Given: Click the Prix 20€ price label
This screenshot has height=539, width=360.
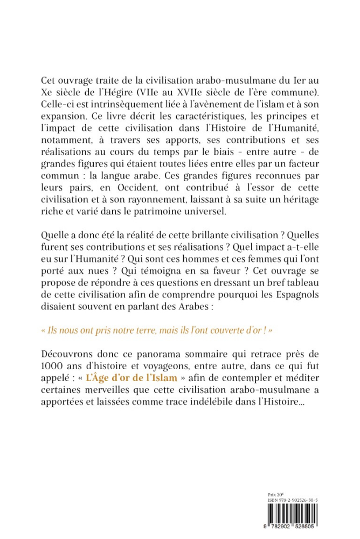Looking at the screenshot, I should (x=275, y=494).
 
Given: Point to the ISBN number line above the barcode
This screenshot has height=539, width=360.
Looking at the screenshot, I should (x=293, y=500).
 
